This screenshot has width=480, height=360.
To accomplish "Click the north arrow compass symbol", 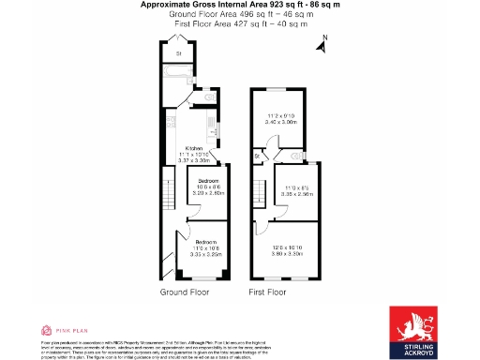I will [322, 42].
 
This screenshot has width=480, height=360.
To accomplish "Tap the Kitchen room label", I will [195, 149].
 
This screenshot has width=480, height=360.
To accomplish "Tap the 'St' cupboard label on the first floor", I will [257, 156].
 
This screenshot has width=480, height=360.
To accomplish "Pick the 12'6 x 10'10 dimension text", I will [290, 248].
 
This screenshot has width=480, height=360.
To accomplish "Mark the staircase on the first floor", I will [259, 198].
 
